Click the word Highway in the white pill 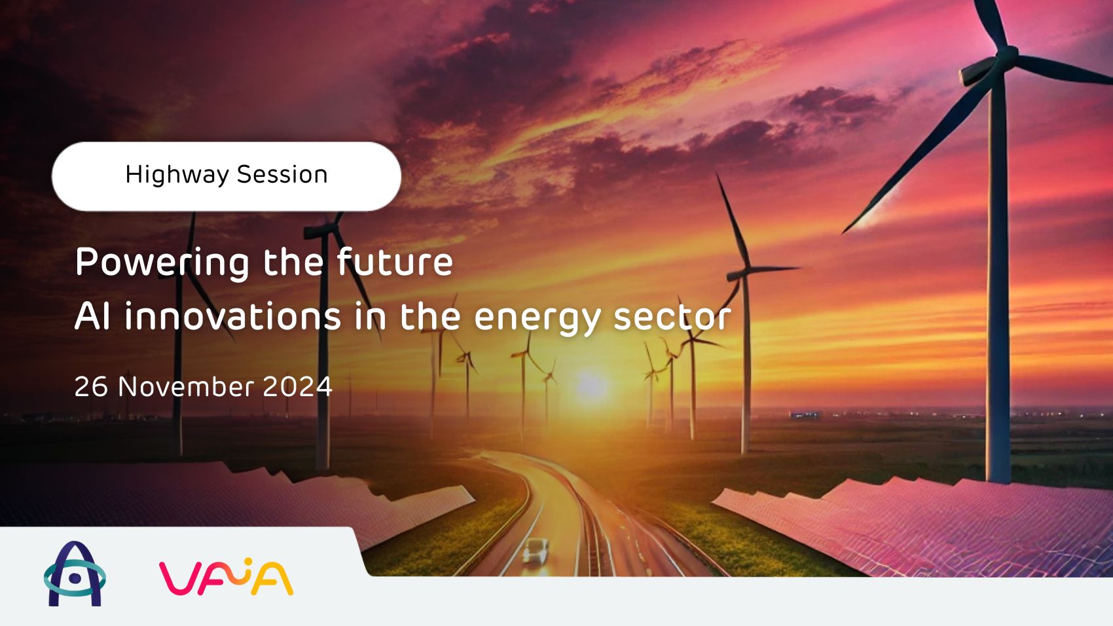(177, 175)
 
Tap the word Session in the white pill (282, 175)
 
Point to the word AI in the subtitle (92, 316)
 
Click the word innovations (232, 316)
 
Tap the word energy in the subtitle (537, 318)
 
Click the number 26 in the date (90, 386)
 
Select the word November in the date (185, 386)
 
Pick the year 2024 (297, 386)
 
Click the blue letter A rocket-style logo (75, 574)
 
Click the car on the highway (536, 549)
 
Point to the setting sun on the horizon (591, 386)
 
